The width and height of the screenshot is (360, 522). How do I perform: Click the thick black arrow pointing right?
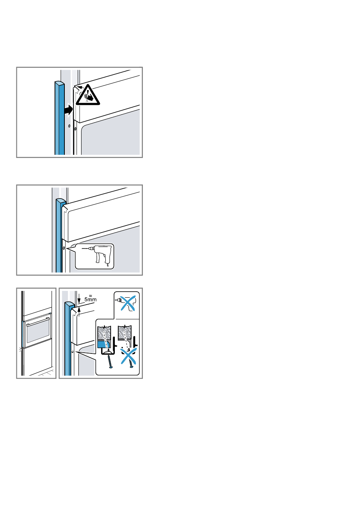click(x=69, y=109)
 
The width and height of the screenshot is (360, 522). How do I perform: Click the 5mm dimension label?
click(x=90, y=299)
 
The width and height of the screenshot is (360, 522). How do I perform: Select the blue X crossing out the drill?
click(x=128, y=303)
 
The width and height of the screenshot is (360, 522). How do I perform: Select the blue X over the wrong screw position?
click(x=128, y=356)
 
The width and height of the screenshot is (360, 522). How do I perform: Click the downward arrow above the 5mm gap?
click(x=79, y=299)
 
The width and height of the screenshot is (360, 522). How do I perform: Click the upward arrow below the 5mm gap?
click(x=79, y=311)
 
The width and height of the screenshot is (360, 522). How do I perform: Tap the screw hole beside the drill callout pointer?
click(x=64, y=248)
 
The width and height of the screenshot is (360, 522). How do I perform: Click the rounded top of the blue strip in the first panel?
click(x=59, y=83)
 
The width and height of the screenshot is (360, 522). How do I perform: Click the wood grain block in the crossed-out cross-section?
click(x=125, y=332)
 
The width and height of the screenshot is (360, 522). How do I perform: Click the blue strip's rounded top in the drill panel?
click(x=61, y=200)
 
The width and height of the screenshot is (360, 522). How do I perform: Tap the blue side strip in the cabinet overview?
click(x=23, y=334)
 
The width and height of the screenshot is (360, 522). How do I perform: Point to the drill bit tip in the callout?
click(x=82, y=248)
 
